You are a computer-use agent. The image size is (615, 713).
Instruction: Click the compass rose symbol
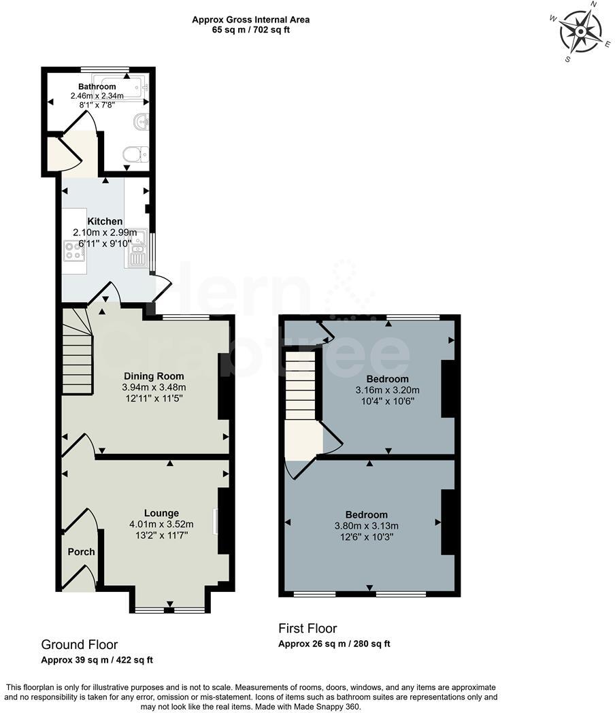point(580,31)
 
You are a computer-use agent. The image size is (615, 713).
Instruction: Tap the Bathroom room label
point(97,87)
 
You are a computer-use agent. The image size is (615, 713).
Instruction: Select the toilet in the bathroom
point(135,156)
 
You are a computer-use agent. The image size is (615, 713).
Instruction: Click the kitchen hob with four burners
point(73,252)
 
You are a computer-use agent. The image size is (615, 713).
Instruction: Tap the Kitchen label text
point(105,222)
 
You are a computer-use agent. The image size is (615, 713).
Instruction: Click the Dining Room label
point(154,376)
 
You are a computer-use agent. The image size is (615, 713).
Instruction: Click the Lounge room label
point(161,513)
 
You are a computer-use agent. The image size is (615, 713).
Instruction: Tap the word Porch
point(81,552)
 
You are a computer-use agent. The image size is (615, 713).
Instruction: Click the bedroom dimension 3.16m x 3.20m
point(387,390)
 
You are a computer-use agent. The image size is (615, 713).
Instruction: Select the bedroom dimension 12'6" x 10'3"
point(366,537)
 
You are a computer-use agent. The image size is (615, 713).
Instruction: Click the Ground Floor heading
point(80,644)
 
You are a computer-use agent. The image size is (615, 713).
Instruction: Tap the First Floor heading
point(307,628)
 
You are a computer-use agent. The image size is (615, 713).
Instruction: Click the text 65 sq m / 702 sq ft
point(251,31)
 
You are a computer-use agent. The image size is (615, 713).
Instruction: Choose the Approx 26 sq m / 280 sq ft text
point(334,644)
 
